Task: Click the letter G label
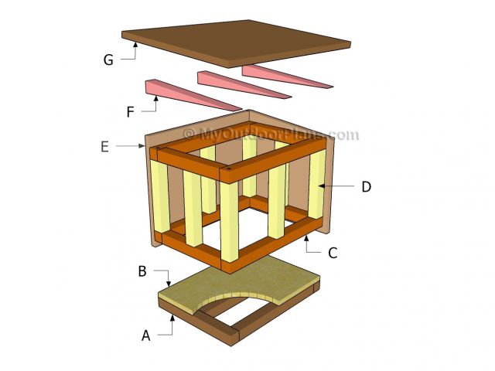108,60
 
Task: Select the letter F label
130,111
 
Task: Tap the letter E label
105,147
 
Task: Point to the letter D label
366,187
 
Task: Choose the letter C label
333,253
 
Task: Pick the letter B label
142,271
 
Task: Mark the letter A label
145,335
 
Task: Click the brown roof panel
236,43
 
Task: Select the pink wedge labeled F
193,95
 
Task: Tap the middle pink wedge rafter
244,85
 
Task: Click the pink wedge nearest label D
287,77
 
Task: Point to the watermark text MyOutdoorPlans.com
271,134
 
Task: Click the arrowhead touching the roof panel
135,45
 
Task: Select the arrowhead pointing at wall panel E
142,146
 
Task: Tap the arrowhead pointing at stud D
321,185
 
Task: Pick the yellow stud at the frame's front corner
230,222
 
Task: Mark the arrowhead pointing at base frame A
172,318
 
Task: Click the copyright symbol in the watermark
189,134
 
